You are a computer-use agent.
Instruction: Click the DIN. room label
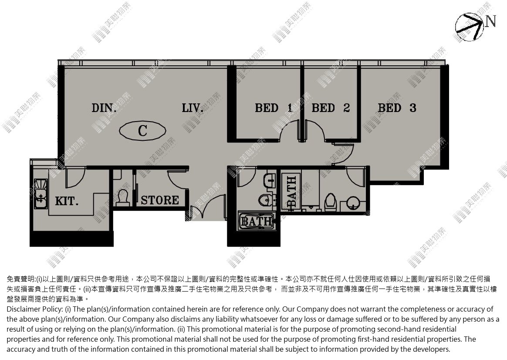104,108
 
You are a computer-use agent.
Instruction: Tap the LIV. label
193,108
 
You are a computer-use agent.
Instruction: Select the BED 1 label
274,108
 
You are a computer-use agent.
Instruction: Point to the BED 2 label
331,108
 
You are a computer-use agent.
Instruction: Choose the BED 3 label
397,108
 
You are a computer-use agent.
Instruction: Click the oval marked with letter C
142,131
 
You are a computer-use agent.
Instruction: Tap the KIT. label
67,201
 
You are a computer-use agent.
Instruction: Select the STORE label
160,200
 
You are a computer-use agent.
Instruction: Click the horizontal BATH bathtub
257,221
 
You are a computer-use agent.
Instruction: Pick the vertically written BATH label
291,192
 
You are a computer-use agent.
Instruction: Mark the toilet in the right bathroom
331,202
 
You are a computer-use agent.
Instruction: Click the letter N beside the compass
490,21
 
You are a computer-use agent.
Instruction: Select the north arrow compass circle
470,27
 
